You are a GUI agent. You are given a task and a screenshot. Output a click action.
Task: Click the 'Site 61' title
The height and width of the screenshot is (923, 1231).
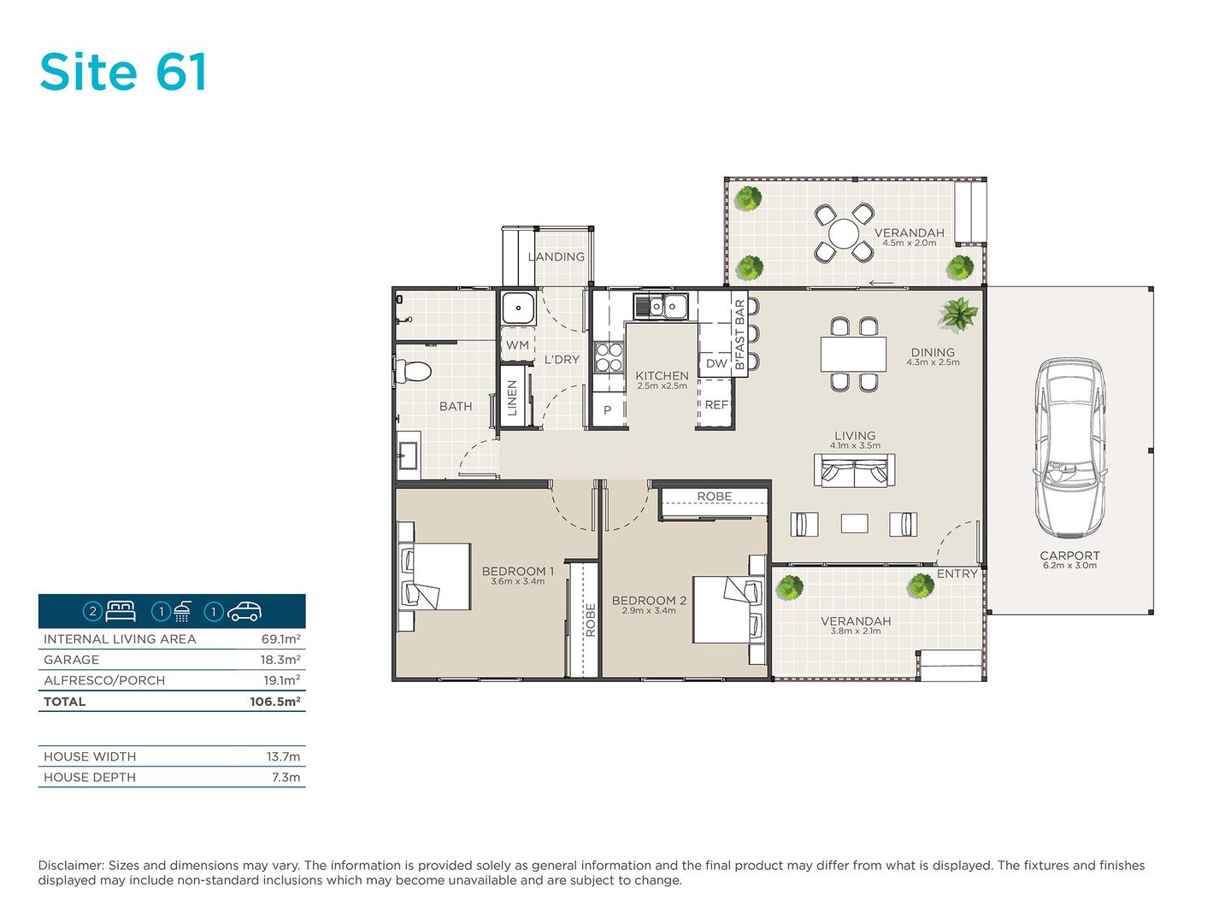(x=124, y=72)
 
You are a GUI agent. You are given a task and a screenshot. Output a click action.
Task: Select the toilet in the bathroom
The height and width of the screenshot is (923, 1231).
(x=413, y=371)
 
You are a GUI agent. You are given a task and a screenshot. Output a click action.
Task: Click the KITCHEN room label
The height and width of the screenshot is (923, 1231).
(x=662, y=375)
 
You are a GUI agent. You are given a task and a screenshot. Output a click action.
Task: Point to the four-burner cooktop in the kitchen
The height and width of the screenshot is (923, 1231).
(x=609, y=357)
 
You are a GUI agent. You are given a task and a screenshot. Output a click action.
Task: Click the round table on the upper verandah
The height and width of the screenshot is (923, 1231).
(x=844, y=232)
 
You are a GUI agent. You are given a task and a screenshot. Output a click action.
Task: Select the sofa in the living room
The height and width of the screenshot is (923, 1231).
(x=854, y=470)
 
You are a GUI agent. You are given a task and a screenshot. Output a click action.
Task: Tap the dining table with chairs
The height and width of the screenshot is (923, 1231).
(x=853, y=354)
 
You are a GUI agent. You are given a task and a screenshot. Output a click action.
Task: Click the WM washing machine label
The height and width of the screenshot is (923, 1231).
(x=517, y=345)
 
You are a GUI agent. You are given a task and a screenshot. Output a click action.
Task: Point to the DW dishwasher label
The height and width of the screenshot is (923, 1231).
(x=716, y=363)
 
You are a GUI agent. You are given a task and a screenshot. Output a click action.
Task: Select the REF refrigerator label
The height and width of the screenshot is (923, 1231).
(x=716, y=404)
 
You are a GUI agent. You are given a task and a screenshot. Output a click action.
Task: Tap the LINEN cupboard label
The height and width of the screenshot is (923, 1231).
(x=512, y=398)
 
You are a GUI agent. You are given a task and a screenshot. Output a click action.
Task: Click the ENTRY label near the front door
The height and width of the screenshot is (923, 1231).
(x=957, y=573)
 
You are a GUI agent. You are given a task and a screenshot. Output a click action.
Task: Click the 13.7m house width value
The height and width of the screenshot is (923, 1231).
(x=283, y=756)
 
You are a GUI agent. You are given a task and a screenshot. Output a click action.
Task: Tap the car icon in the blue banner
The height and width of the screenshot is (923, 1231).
(x=244, y=611)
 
